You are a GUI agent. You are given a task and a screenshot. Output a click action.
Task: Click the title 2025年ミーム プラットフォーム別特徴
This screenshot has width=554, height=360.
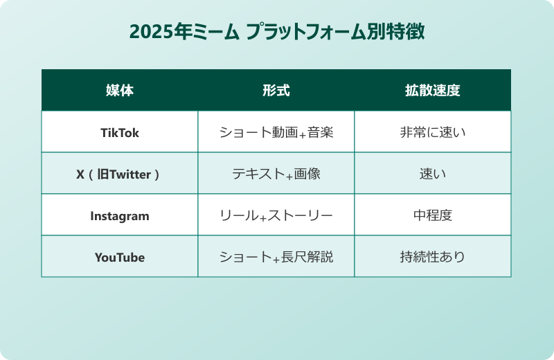point(276,33)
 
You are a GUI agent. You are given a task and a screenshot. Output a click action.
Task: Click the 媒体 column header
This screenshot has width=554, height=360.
point(119,91)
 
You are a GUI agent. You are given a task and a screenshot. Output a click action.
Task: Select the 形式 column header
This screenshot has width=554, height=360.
point(276,91)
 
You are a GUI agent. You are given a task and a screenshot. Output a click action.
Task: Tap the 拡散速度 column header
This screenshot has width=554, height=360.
point(432,91)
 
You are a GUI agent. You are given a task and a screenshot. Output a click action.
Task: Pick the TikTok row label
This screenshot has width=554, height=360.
point(119,132)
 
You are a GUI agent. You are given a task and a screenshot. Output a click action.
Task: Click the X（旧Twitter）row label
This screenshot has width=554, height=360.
point(119,174)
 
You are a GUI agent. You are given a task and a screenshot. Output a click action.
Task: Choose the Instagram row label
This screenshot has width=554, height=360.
point(119,215)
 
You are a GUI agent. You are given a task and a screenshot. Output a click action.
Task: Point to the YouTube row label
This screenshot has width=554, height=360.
point(119,257)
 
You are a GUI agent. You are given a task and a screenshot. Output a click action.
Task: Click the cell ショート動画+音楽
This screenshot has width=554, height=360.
point(276,132)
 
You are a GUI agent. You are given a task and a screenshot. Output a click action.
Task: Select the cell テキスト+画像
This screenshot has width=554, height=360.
point(276,174)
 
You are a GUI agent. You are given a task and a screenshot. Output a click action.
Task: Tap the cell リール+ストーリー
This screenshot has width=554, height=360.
point(276,215)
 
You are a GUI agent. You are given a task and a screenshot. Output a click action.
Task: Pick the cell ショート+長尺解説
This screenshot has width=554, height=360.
point(276,257)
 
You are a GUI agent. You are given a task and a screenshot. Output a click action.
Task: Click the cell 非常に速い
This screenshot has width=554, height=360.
point(432,132)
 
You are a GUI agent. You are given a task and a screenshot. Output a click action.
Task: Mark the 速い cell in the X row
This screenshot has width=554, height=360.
point(432,174)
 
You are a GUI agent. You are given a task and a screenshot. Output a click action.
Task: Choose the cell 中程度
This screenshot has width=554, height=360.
point(432,215)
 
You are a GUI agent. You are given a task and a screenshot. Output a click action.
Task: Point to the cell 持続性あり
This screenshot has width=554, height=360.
point(432,257)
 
